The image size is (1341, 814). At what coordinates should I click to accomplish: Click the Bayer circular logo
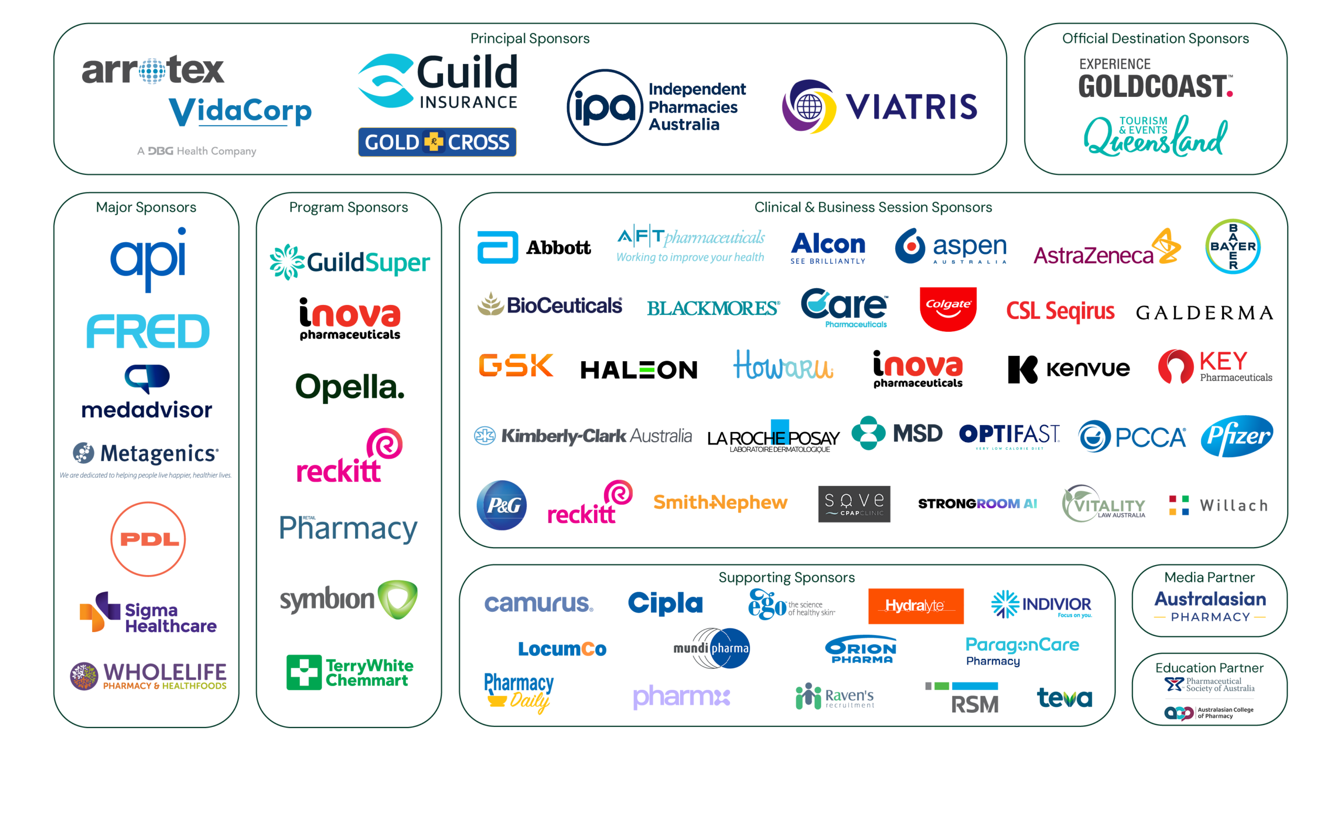click(1233, 246)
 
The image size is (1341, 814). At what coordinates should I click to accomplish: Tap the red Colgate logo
click(948, 309)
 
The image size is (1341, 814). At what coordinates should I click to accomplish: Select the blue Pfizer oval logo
click(1237, 436)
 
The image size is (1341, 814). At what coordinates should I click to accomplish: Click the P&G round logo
click(501, 505)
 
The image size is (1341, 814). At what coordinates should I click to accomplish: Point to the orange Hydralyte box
click(916, 605)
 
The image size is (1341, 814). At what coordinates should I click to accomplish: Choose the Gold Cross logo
click(437, 142)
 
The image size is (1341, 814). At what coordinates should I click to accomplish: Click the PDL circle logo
click(148, 539)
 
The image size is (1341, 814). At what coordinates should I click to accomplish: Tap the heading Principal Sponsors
click(530, 39)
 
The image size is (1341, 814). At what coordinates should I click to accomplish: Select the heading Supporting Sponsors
click(786, 577)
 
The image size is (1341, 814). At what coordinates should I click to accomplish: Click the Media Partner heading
click(1209, 577)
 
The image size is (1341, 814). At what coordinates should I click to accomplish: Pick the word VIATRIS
click(911, 106)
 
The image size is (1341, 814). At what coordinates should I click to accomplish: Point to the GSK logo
click(515, 365)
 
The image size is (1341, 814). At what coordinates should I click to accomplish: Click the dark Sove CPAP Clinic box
click(854, 504)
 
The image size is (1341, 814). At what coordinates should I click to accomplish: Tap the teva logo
click(1064, 698)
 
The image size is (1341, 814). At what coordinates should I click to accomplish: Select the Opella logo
click(350, 387)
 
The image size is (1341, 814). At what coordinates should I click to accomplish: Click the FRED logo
click(148, 331)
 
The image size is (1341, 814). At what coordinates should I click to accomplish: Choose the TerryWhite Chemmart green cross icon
click(304, 672)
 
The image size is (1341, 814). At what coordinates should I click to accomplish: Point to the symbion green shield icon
click(398, 599)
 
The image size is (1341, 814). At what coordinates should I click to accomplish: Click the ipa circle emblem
click(604, 107)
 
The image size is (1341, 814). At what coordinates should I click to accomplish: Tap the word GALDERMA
click(1204, 312)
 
